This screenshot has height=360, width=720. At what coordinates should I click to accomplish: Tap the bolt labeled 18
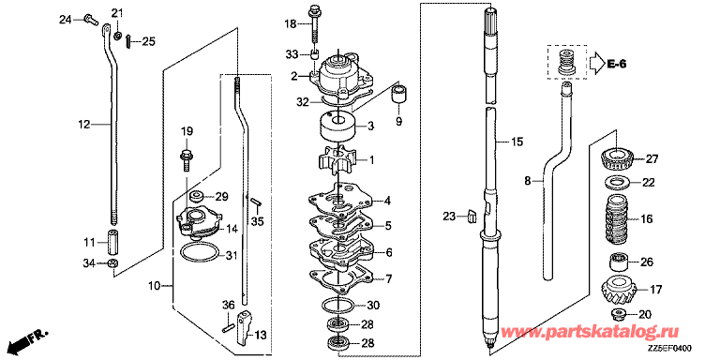pos(315,24)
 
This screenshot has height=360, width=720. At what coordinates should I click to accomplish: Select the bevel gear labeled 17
pos(617,292)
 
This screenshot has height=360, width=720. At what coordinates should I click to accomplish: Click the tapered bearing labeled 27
pos(618,158)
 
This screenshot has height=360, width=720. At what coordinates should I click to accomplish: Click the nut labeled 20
pos(618,315)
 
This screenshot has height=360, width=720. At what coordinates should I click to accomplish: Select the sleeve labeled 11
pos(112,242)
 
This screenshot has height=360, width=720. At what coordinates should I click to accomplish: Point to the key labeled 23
pos(472,216)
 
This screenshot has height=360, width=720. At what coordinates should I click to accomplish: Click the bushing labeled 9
pos(398,94)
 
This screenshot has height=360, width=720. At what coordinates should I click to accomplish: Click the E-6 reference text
pos(614,65)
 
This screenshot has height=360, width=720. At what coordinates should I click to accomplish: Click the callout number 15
pos(517,142)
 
